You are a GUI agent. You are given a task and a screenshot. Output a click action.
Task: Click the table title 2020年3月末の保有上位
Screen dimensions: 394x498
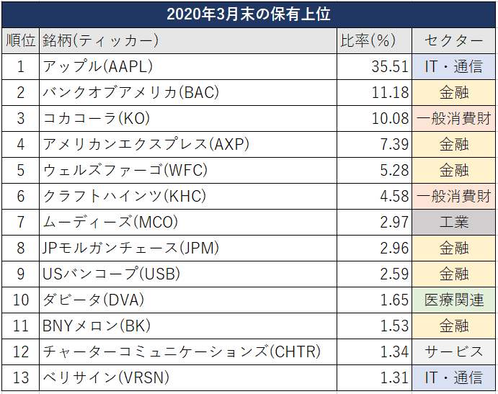(x=249, y=14)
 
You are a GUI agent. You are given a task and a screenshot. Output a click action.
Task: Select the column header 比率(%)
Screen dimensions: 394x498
(x=374, y=41)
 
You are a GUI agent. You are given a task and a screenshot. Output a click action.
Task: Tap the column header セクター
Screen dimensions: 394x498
(x=454, y=41)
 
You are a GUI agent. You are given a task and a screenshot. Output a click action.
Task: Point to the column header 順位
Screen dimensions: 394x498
(x=20, y=41)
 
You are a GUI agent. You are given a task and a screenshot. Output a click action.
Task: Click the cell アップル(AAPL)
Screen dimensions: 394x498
(x=98, y=67)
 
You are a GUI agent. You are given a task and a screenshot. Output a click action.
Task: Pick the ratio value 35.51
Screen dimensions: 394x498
(x=390, y=67)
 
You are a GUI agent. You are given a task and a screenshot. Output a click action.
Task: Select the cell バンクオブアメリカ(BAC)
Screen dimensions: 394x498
(x=130, y=92)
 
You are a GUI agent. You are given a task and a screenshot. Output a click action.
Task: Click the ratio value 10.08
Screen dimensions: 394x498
(x=390, y=118)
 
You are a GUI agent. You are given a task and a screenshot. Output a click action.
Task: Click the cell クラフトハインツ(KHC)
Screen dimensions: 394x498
(x=123, y=196)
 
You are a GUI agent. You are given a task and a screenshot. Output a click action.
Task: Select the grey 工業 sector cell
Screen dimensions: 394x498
(x=454, y=222)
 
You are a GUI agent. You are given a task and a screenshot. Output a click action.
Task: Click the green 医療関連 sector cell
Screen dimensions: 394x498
(x=454, y=300)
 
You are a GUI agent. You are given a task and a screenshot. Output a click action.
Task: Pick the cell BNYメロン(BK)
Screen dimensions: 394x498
(x=97, y=326)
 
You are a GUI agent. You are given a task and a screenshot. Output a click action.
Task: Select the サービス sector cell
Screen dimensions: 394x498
(x=454, y=352)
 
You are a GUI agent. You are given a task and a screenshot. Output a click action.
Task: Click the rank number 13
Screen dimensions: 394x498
(x=20, y=377)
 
